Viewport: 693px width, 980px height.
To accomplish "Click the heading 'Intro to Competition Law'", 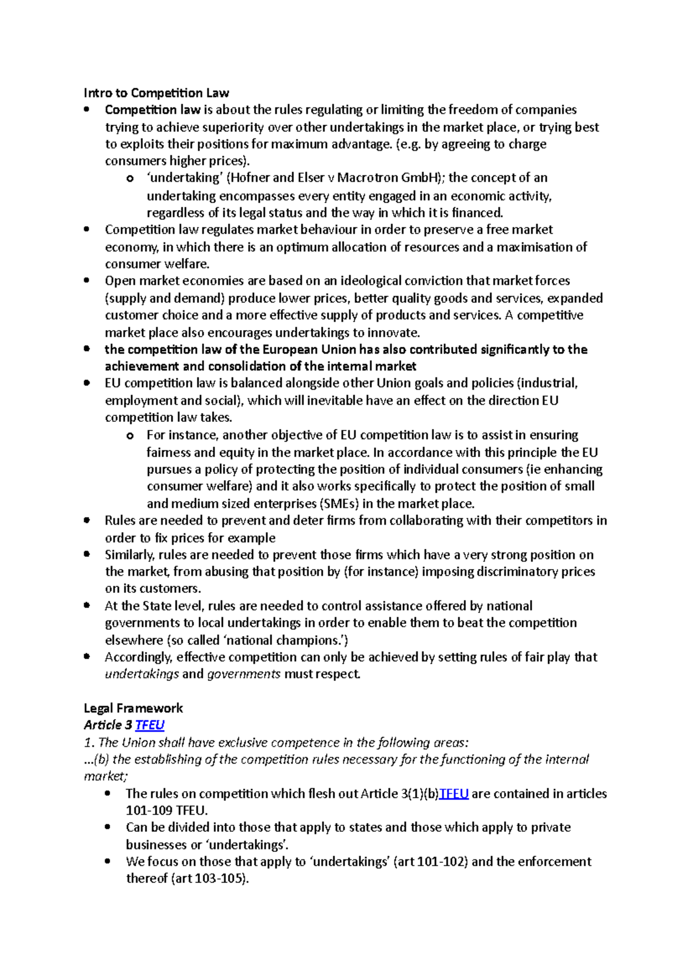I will [x=156, y=93].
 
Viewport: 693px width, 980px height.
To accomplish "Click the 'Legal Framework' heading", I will [x=133, y=708].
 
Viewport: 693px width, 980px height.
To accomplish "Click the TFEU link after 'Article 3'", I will [x=150, y=725].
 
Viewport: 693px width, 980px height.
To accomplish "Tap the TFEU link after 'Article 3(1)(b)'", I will [x=453, y=794].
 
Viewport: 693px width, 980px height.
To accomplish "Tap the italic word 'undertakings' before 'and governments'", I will [x=142, y=674].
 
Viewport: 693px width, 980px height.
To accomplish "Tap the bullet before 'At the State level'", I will [x=87, y=605].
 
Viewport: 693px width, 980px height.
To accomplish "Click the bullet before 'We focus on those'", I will [x=107, y=861].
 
